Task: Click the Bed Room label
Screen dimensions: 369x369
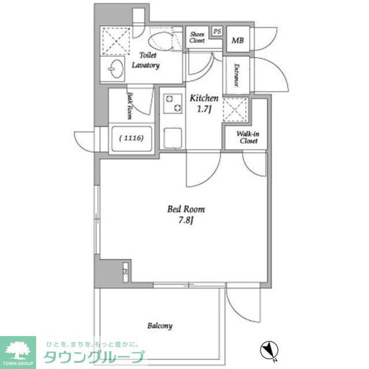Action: tap(186, 210)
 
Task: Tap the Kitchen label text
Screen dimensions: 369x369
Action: tap(204, 99)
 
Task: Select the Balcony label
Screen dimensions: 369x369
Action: tap(159, 326)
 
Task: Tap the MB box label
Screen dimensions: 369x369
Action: tap(237, 40)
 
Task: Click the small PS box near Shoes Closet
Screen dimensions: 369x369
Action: tap(217, 31)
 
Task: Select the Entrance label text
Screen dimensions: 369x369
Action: tap(236, 74)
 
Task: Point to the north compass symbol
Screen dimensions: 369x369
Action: tap(269, 348)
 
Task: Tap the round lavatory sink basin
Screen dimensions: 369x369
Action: tap(115, 69)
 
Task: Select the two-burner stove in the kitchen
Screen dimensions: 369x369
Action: tap(171, 103)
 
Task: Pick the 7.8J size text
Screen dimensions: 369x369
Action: tap(186, 220)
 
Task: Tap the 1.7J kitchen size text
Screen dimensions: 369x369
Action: tap(204, 109)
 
